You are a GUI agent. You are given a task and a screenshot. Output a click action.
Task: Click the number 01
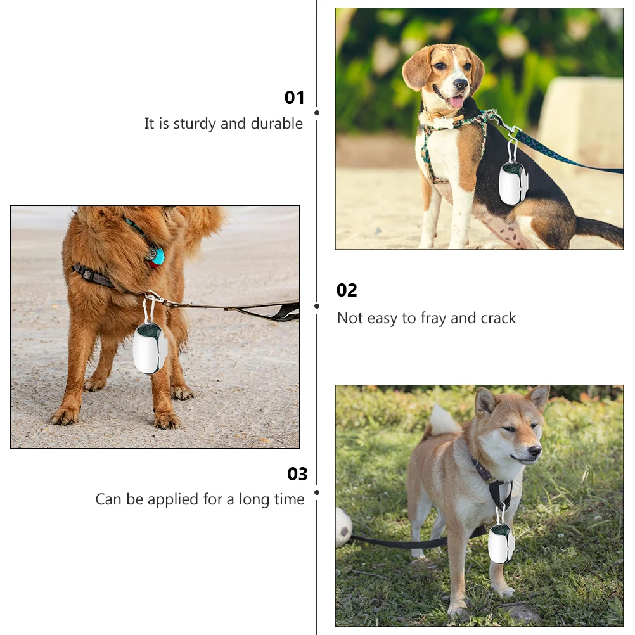(295, 98)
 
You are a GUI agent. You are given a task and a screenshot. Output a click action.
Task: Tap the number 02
(347, 290)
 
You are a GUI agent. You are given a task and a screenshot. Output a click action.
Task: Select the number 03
(297, 474)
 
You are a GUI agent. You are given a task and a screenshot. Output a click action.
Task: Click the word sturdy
(195, 124)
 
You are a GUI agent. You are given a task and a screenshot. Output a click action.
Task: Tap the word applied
(173, 499)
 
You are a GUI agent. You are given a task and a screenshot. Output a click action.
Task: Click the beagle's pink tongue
(455, 101)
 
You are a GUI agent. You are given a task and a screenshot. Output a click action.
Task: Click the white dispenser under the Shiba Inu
(501, 543)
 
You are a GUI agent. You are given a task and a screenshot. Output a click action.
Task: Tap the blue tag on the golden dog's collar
(157, 256)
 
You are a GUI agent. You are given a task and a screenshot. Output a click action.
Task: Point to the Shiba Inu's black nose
(535, 451)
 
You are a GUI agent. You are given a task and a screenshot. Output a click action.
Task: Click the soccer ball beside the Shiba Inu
(343, 527)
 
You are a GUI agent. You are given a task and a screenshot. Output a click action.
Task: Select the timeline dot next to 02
(317, 305)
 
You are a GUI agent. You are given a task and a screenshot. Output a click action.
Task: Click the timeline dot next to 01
(317, 113)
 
